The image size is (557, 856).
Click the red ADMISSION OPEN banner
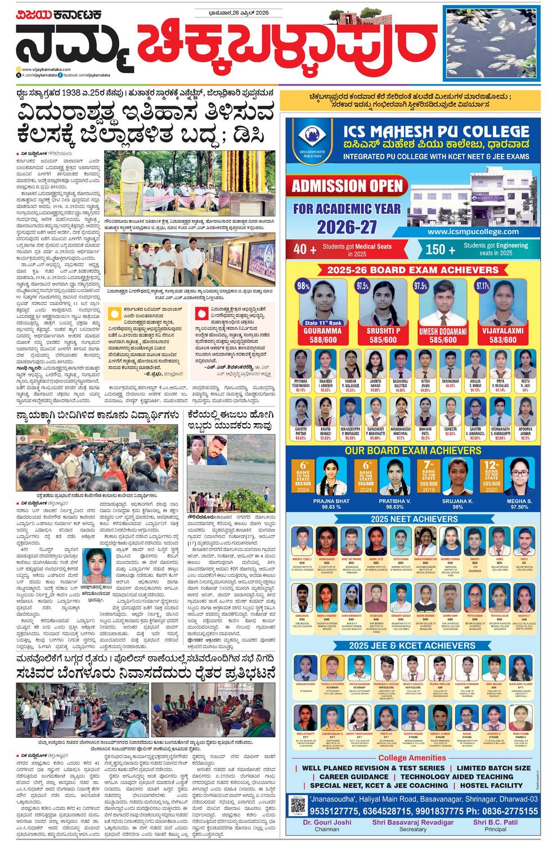coord(347,186)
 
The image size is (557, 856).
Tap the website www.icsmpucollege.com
coord(473,231)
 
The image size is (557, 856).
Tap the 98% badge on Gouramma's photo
coord(303,286)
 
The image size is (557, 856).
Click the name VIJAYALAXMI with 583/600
coord(502,331)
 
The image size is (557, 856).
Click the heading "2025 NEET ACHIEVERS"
coord(414,519)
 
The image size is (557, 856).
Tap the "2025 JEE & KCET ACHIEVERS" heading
coord(412,646)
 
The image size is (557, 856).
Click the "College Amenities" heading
coord(412,758)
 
